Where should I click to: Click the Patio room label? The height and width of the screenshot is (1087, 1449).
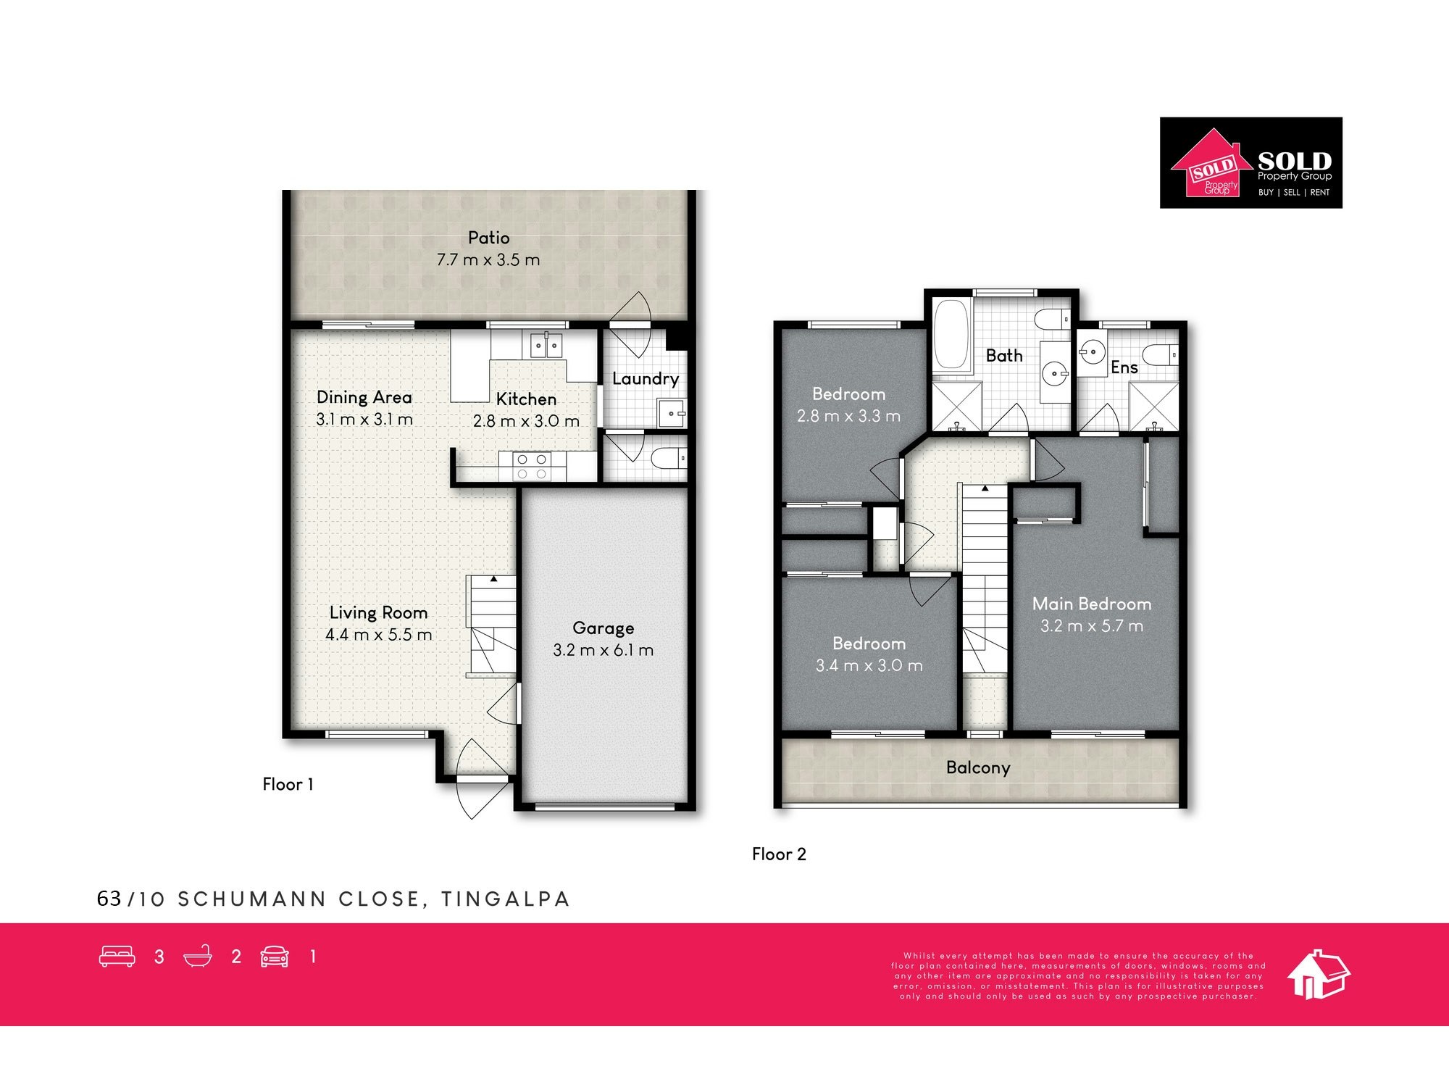tap(489, 238)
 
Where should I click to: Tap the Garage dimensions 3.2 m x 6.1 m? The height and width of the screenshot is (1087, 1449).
tap(604, 650)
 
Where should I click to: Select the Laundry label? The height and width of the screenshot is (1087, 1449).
tap(646, 379)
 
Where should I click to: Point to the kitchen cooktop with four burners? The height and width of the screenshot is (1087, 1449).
tap(532, 466)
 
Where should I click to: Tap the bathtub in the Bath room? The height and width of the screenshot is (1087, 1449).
tap(951, 336)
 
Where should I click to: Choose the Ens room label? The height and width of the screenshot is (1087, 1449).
tap(1124, 367)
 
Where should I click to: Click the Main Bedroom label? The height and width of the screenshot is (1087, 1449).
tap(1092, 604)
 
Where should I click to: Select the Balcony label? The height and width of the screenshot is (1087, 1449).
tap(978, 768)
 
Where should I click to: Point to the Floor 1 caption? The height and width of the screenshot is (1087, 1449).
tap(288, 784)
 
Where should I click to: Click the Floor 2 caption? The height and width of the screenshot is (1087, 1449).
tap(779, 854)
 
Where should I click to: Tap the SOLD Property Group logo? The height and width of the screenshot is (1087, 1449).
tap(1251, 163)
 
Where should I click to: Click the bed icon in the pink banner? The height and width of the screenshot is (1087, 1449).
tap(117, 957)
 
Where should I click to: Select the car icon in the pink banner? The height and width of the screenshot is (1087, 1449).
tap(275, 957)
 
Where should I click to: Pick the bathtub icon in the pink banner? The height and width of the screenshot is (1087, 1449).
tap(198, 957)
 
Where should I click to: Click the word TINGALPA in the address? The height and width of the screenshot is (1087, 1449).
tap(506, 899)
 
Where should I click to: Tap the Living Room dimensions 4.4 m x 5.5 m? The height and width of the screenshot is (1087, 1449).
tap(379, 635)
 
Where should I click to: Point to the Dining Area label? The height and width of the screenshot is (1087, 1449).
tap(364, 397)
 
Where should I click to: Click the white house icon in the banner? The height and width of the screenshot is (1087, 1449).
tap(1318, 974)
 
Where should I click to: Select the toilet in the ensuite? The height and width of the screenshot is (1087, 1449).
tap(1160, 354)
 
